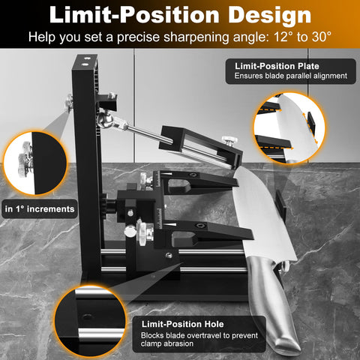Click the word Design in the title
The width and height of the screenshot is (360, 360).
click(269, 16)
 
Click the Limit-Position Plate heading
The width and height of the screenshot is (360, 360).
click(277, 66)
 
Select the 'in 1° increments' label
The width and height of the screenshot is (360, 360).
click(40, 209)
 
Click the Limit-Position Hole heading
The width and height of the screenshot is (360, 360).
click(182, 324)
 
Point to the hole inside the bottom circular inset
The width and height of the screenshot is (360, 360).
click(87, 317)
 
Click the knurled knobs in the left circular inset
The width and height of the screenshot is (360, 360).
click(25, 159)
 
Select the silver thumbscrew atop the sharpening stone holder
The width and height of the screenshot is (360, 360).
click(229, 141)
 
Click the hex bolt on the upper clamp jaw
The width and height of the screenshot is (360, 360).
click(192, 175)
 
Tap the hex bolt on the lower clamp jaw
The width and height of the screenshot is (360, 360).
click(201, 226)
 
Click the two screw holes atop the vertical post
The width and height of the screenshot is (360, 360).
click(85, 61)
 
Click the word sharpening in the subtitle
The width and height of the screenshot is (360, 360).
click(196, 37)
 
